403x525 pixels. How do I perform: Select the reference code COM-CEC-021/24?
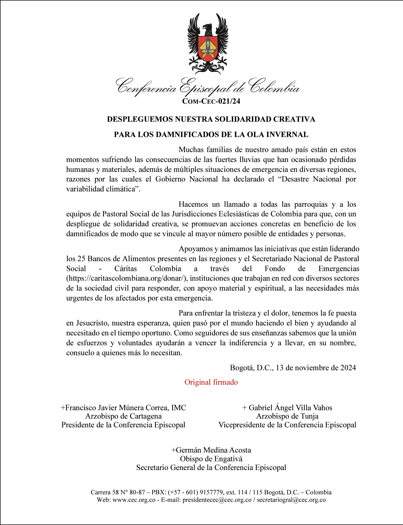211,101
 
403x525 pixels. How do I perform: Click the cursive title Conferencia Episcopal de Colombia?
208,86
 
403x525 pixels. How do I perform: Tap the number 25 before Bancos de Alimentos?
81,259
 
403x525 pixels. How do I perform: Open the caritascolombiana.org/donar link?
127,278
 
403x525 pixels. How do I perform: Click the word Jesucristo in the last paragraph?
92,323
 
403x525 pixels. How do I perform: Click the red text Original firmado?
211,382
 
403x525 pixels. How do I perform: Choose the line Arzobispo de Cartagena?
123,416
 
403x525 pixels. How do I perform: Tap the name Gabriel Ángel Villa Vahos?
290,408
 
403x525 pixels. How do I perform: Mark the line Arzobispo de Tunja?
287,416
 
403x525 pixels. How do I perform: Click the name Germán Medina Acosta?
213,450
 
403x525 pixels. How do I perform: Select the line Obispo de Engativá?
211,459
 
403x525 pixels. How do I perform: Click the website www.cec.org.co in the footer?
134,500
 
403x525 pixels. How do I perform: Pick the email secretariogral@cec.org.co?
291,500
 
